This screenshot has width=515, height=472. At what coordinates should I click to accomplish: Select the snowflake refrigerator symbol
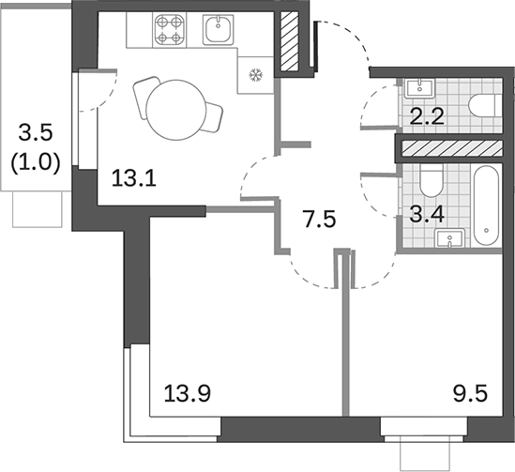click(x=251, y=77)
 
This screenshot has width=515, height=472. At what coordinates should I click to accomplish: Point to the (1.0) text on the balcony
click(x=35, y=160)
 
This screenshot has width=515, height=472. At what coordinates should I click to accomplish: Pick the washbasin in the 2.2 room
click(x=419, y=88)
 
